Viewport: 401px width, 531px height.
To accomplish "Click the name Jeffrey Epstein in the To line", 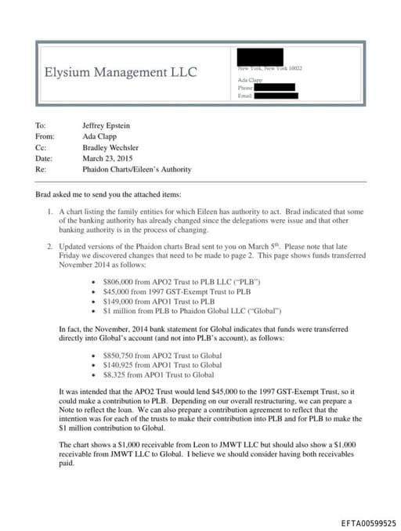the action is pyautogui.click(x=108, y=125).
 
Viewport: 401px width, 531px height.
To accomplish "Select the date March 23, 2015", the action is pyautogui.click(x=108, y=158).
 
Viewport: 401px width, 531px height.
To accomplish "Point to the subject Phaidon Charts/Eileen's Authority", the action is pyautogui.click(x=136, y=169).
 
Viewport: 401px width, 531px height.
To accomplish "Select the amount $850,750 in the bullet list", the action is pyautogui.click(x=116, y=356).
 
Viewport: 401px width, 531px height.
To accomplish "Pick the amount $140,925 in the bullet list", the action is pyautogui.click(x=116, y=365).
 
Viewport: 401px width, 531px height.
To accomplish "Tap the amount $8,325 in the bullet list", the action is pyautogui.click(x=114, y=375).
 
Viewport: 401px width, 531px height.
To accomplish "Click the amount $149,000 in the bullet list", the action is pyautogui.click(x=116, y=300).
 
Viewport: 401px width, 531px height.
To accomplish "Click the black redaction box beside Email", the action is pyautogui.click(x=276, y=96).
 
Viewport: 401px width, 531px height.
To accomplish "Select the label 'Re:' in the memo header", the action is pyautogui.click(x=40, y=169).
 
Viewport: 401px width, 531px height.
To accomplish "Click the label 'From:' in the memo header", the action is pyautogui.click(x=44, y=135).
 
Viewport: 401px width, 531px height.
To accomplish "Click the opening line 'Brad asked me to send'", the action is pyautogui.click(x=108, y=193).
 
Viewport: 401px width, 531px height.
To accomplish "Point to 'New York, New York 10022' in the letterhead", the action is pyautogui.click(x=269, y=69).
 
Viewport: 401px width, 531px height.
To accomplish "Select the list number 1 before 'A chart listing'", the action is pyautogui.click(x=49, y=212).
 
